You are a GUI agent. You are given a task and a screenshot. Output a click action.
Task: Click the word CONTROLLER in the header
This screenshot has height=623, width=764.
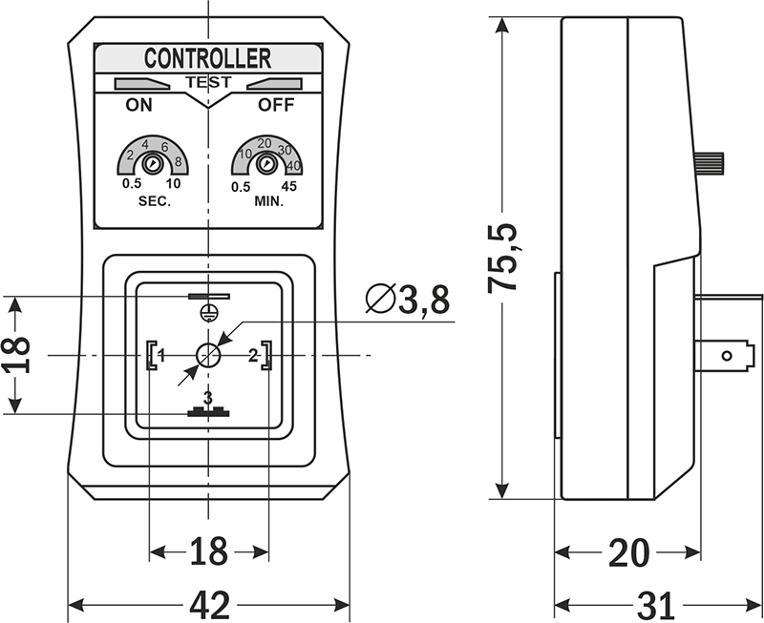(207, 59)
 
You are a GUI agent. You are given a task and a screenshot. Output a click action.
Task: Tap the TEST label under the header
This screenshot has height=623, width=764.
(207, 83)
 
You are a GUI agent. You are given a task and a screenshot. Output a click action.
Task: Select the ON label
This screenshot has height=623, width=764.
(139, 106)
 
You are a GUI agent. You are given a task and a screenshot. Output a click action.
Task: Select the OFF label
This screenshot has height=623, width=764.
(277, 106)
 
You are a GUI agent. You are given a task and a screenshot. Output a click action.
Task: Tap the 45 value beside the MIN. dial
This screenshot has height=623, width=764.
(290, 186)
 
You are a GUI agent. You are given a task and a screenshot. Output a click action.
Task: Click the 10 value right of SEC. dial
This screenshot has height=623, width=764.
(173, 186)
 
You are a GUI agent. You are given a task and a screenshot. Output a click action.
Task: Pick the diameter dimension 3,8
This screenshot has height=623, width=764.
(406, 301)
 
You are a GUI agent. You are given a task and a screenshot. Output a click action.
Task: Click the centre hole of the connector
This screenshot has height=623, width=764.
(208, 356)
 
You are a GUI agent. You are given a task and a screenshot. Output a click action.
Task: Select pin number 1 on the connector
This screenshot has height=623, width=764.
(161, 356)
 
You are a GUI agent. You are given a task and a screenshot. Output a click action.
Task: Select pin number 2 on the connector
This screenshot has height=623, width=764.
(253, 356)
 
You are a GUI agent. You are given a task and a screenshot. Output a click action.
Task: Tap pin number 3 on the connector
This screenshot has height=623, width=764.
(207, 397)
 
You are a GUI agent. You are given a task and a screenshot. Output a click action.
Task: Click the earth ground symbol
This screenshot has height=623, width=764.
(207, 311)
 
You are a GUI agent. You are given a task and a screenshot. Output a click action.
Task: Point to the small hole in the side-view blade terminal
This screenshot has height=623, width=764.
(725, 357)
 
